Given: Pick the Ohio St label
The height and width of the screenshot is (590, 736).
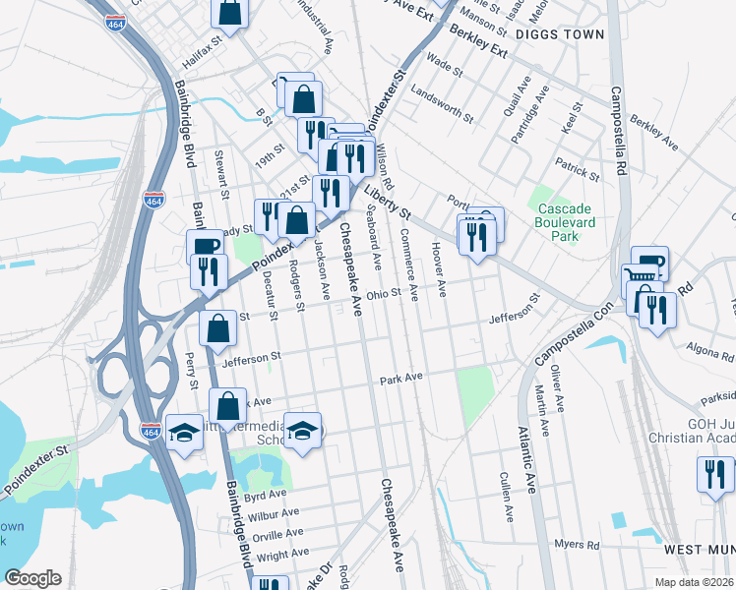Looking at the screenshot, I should tap(384, 293).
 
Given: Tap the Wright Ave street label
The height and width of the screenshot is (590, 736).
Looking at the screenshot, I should tap(283, 555).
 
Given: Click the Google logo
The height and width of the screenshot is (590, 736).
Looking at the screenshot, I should tap(33, 577).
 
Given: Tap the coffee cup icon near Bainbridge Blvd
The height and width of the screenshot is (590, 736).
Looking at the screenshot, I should tap(205, 247).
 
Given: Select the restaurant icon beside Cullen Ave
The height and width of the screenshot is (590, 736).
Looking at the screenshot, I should tap(715, 474).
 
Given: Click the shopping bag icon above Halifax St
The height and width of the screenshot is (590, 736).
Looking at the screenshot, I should tap(229, 13).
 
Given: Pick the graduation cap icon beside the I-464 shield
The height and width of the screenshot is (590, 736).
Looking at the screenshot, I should tap(184, 434).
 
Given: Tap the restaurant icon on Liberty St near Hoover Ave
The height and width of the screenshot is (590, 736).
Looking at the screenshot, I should tap(476, 237).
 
